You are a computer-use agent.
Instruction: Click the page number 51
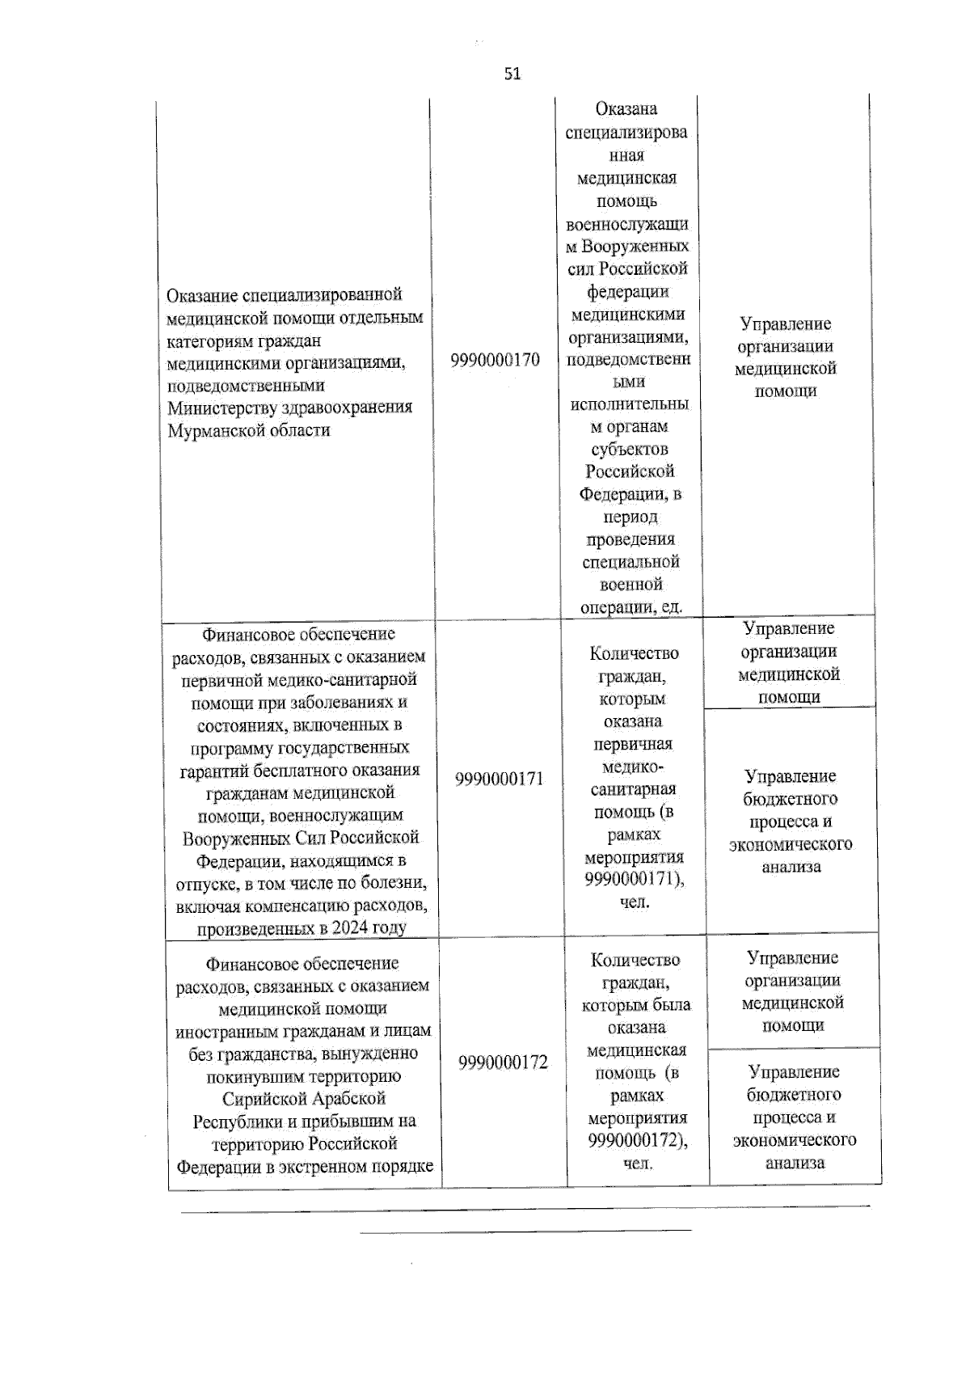tap(512, 74)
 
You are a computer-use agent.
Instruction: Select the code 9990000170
tap(495, 360)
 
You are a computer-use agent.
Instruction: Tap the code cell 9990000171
tap(499, 779)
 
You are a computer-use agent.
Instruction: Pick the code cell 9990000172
tap(503, 1062)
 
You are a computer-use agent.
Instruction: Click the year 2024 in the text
tap(345, 928)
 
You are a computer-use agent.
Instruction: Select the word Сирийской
tap(262, 1099)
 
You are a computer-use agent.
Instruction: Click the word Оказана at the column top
tap(626, 108)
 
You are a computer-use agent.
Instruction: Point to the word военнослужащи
tap(627, 223)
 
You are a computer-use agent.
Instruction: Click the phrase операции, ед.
tap(631, 607)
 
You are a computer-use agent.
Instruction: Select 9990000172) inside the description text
tap(638, 1141)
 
